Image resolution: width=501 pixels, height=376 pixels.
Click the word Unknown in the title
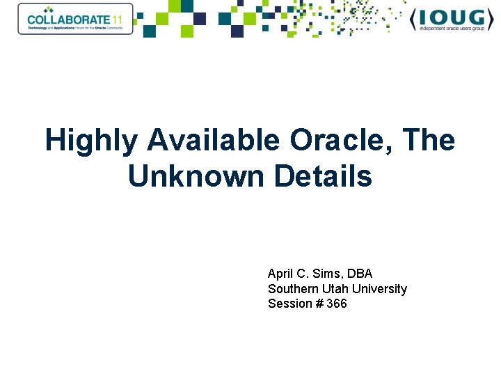(196, 177)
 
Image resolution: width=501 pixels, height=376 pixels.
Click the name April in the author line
(280, 274)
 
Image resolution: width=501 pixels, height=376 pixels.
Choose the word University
(379, 289)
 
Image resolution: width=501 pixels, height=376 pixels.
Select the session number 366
(336, 304)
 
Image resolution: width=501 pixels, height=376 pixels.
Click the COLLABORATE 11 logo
(75, 19)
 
